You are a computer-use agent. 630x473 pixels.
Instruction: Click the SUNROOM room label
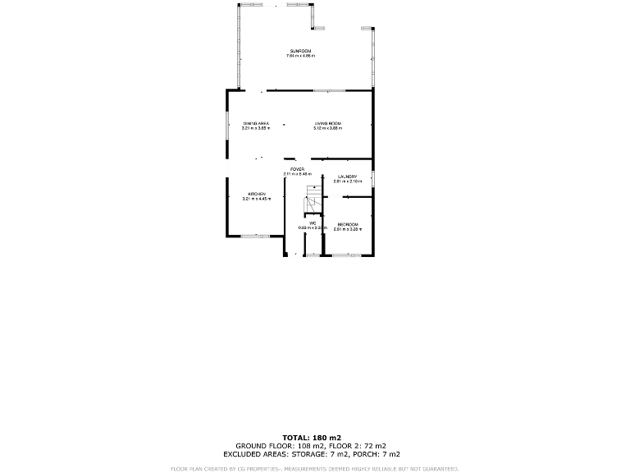coord(299,51)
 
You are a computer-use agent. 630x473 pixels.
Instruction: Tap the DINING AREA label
coord(256,123)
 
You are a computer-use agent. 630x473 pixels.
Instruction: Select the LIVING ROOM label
coord(327,123)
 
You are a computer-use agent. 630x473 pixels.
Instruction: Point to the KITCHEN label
coord(257,194)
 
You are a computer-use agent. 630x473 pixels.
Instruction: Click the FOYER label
coord(297,169)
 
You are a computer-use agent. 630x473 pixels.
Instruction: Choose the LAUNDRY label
coord(347,177)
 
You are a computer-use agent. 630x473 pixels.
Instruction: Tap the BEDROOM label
coord(347,224)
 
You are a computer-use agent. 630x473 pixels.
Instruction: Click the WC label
coord(313,223)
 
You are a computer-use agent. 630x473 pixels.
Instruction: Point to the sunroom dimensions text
coord(299,56)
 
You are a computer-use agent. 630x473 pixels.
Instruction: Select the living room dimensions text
coord(327,128)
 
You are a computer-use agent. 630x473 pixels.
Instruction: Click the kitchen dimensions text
coord(257,199)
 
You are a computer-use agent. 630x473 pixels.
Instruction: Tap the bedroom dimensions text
coord(347,229)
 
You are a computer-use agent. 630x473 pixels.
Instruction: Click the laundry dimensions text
coord(347,181)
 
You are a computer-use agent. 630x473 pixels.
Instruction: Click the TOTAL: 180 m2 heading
coord(312,438)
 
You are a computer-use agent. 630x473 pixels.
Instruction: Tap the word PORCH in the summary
coord(368,454)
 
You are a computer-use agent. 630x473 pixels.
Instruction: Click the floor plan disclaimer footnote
coord(314,468)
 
